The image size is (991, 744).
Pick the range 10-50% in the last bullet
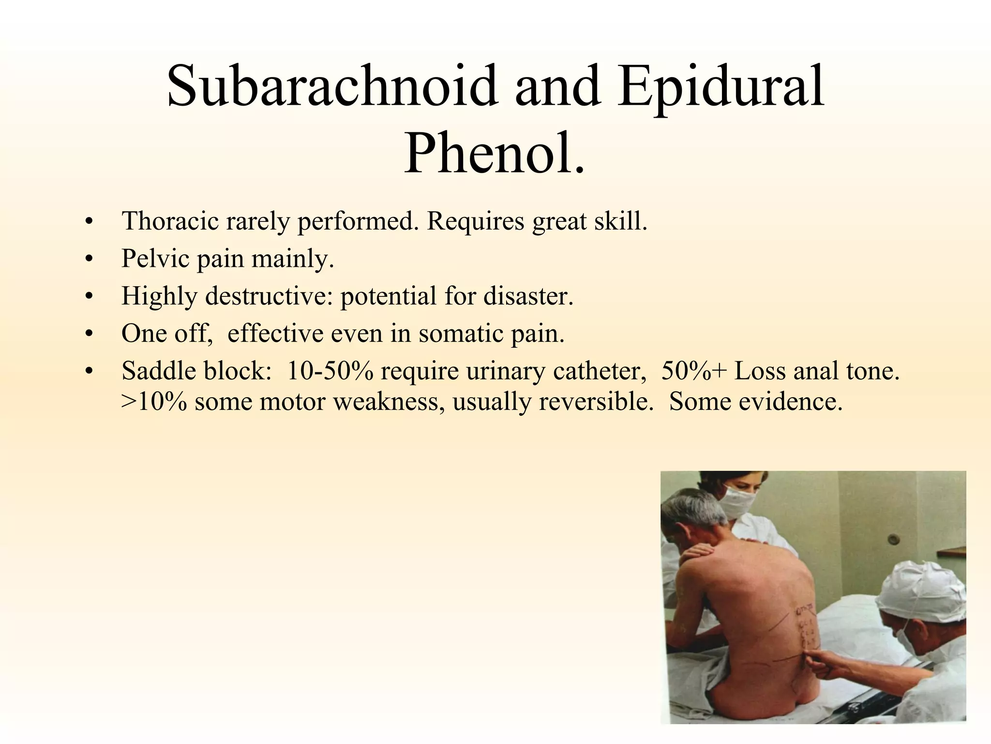[x=330, y=371]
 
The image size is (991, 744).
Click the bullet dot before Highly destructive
[x=88, y=297]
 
